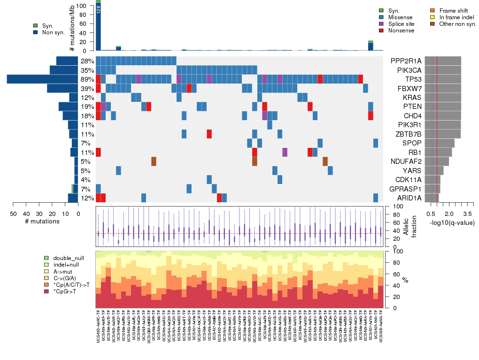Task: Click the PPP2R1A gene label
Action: tap(406, 61)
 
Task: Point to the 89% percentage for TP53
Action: tap(87, 79)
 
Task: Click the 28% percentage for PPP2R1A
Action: tap(87, 61)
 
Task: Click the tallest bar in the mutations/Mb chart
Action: tap(98, 26)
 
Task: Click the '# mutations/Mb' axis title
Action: tap(72, 28)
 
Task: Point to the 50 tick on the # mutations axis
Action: tap(13, 214)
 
